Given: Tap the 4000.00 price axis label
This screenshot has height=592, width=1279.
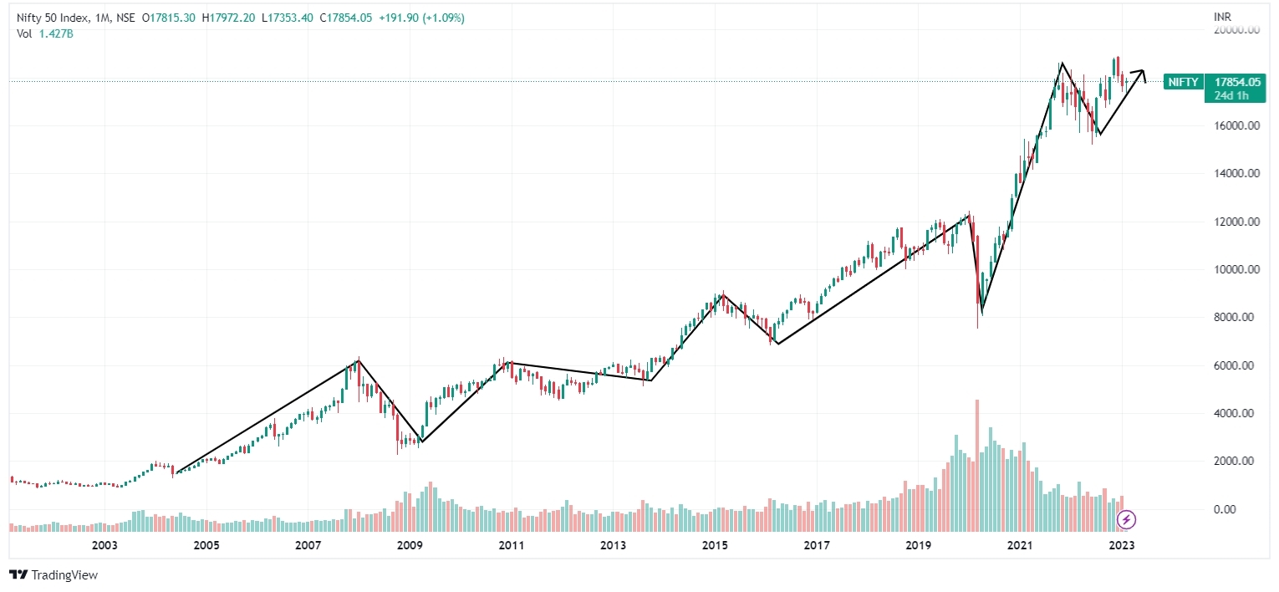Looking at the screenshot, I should point(1238,413).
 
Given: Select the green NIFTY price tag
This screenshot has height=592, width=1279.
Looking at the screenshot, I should point(1182,82).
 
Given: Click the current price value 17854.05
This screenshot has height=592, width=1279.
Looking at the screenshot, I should point(1238,82).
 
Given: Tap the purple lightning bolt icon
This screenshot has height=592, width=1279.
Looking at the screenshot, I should point(1127,519).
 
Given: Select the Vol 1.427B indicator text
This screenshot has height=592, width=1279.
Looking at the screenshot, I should point(43,33).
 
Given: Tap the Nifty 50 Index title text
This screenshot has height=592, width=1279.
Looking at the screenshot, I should point(51,18).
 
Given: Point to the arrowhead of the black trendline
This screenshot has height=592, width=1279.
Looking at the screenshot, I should point(1142,74).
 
